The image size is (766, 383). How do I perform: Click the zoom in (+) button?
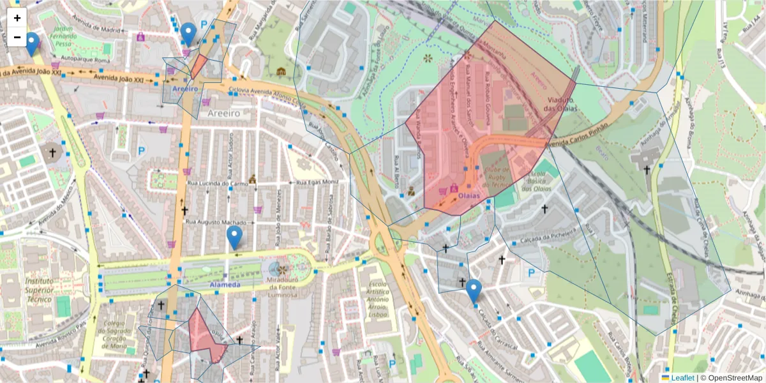(x=17, y=18)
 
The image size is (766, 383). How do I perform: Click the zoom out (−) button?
(x=17, y=37)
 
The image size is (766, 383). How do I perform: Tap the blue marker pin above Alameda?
(x=234, y=237)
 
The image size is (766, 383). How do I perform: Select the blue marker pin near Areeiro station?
(x=188, y=33)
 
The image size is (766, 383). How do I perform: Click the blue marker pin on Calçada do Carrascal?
(x=473, y=290)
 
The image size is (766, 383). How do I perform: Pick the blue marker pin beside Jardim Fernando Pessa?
(x=31, y=43)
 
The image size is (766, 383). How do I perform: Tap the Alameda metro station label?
(x=225, y=285)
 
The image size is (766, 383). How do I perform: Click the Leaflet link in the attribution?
(x=682, y=378)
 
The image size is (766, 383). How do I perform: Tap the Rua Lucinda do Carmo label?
(x=218, y=184)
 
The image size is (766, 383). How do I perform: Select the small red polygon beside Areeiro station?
(x=199, y=66)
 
